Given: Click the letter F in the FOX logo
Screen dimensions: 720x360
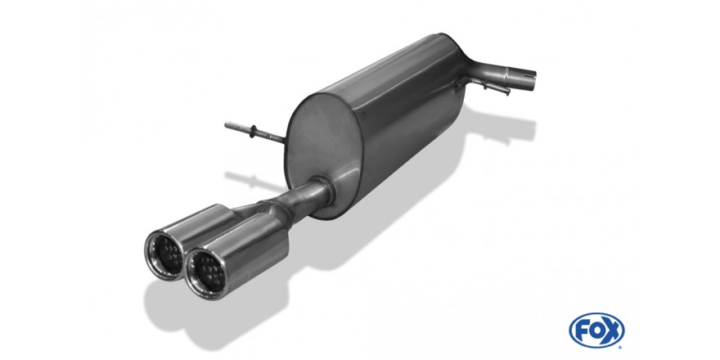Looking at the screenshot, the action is coord(582,331).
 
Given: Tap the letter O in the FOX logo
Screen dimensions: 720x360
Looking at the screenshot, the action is coord(596,331).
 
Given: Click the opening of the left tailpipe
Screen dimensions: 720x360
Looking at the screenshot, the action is coord(164,254).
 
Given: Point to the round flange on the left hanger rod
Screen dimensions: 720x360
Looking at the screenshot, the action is coord(253,131).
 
